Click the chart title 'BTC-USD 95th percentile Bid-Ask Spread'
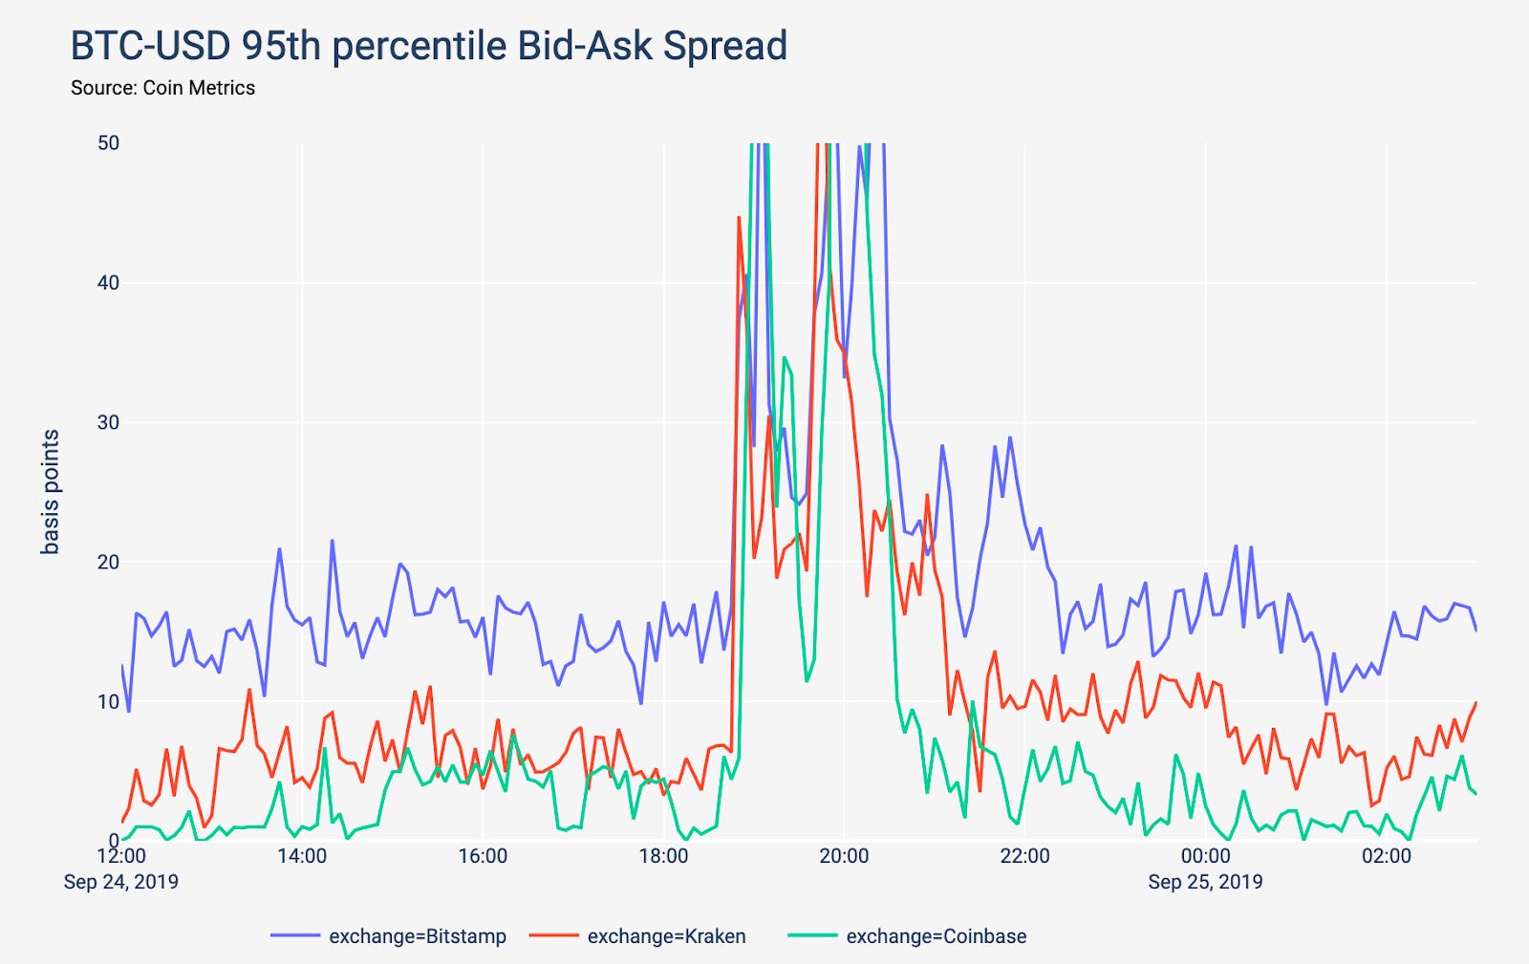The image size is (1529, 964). (428, 46)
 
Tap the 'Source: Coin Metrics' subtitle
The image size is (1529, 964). (162, 88)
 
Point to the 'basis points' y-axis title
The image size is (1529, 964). (51, 492)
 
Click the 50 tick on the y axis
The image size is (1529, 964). (108, 143)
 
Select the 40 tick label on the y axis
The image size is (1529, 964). (108, 283)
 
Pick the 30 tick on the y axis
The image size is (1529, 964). (108, 422)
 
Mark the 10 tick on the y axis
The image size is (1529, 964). (108, 701)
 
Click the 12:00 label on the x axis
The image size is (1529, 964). (121, 856)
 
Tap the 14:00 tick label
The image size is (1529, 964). (302, 856)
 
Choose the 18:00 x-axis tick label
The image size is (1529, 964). (663, 856)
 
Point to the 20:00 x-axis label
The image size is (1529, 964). (844, 856)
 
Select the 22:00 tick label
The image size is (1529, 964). (1024, 856)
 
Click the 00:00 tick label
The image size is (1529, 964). (1205, 856)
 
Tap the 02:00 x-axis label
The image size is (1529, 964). (1386, 856)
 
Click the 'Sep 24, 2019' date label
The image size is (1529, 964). (121, 882)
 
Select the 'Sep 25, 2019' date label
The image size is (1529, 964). (1205, 882)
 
